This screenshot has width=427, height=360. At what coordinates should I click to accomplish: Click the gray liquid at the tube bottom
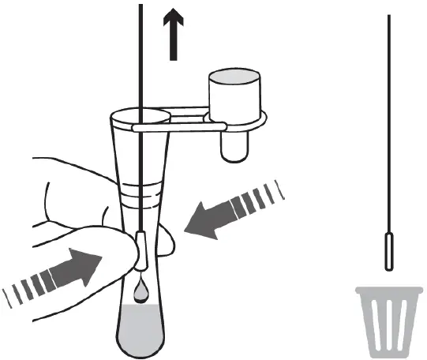tap(140, 327)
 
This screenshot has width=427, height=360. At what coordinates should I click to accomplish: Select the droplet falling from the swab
tap(139, 293)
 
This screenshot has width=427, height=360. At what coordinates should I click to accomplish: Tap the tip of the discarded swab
tap(390, 252)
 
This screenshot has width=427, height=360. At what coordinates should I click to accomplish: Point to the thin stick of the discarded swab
tap(390, 118)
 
